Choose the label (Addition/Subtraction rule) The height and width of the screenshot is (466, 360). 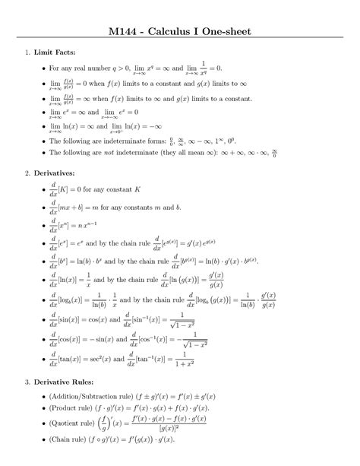(x=93, y=396)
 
